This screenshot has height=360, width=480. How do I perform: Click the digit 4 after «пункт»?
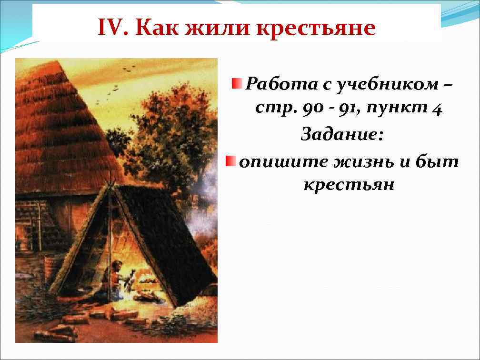[435, 110]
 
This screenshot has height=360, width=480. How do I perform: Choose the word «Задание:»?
[341, 135]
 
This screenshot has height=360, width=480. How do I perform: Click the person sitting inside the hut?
[115, 280]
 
